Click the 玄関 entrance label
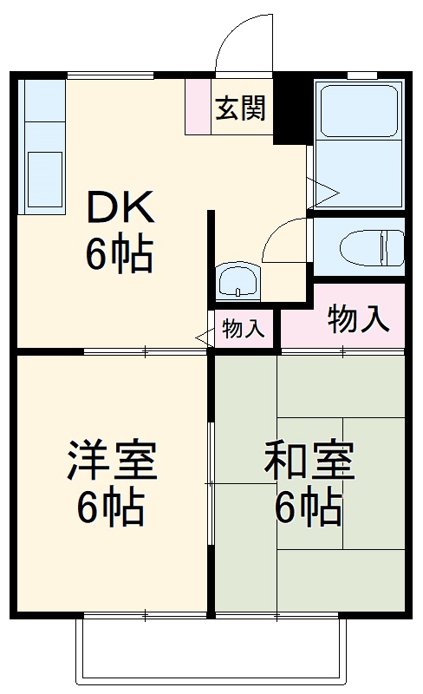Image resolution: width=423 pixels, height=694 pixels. (x=241, y=110)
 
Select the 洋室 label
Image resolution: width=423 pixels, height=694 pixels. (x=113, y=462)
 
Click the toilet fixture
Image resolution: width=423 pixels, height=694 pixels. (x=371, y=247)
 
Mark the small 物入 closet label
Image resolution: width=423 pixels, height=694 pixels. (x=243, y=329)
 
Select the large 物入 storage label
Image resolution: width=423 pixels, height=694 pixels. (x=357, y=320)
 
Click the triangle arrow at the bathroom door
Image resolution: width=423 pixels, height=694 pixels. (x=324, y=192)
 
